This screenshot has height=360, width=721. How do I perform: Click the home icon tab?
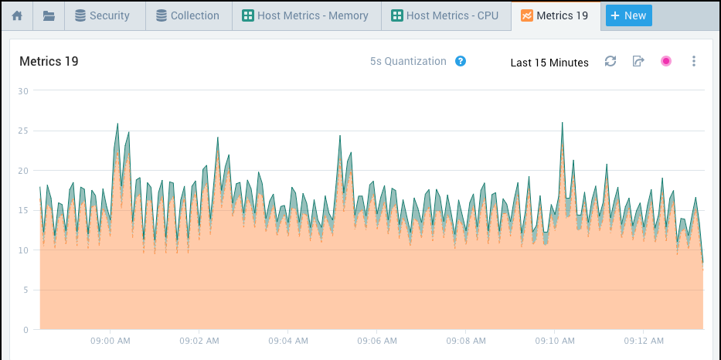17,15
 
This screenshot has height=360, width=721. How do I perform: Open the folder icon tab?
49,15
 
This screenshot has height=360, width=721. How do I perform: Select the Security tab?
102,15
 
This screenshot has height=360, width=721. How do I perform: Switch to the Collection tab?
188,15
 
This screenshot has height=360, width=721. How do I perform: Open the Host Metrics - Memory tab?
306,15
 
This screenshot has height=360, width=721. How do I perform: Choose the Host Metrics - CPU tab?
446,15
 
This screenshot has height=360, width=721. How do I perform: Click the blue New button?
628,15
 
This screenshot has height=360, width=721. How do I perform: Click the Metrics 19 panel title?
49,62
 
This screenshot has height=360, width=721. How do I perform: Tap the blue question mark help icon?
461,61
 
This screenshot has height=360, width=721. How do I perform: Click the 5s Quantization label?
408,61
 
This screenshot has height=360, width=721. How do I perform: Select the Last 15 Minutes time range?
549,63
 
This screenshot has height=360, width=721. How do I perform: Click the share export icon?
638,61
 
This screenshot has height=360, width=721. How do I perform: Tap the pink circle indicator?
666,61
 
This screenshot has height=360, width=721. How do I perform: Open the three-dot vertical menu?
694,61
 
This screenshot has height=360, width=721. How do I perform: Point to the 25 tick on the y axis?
23,131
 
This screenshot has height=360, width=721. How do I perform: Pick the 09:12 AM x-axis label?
644,340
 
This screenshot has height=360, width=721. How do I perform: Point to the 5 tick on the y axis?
26,290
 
